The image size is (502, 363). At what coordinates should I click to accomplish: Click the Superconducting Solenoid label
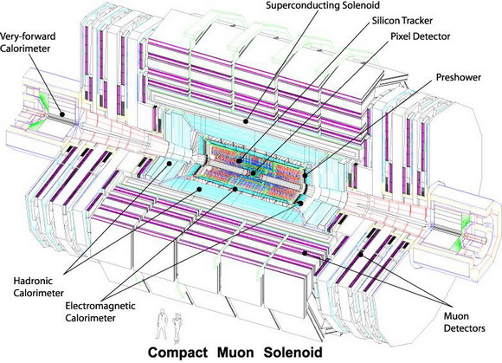click(323, 5)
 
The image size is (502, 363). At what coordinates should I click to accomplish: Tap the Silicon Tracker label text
click(402, 21)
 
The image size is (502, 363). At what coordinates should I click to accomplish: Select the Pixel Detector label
click(421, 36)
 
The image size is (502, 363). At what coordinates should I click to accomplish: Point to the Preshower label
click(459, 77)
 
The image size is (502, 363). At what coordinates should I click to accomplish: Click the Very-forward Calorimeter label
click(28, 42)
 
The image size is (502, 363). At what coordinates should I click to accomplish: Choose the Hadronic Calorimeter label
click(38, 287)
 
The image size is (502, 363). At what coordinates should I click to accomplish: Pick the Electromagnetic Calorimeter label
click(100, 312)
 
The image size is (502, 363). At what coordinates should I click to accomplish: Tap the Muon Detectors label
click(464, 322)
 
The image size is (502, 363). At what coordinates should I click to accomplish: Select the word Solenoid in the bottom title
click(293, 353)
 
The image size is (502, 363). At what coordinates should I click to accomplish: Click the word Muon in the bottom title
click(235, 353)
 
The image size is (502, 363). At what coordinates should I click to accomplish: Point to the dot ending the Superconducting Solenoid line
click(246, 121)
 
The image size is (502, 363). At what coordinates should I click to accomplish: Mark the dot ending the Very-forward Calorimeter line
click(62, 113)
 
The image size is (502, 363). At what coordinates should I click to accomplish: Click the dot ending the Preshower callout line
click(305, 175)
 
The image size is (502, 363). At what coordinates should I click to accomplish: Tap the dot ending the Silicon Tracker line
click(239, 161)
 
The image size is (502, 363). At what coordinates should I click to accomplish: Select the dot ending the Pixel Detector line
click(254, 173)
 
